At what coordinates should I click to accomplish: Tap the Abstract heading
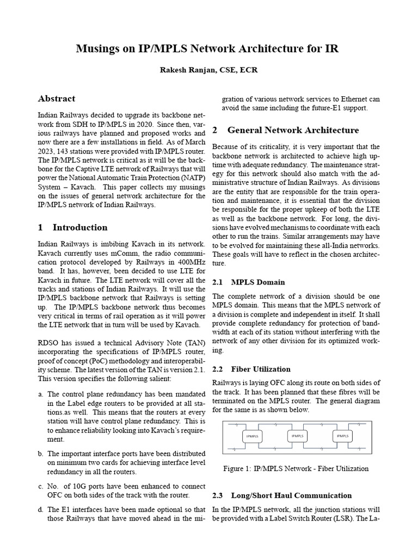(57, 99)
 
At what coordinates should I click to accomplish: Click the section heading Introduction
(80, 227)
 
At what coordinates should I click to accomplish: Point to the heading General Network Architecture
(293, 131)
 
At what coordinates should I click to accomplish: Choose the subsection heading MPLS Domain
(257, 282)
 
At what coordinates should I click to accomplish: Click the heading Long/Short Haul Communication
(291, 496)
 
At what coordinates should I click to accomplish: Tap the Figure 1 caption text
(296, 468)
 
